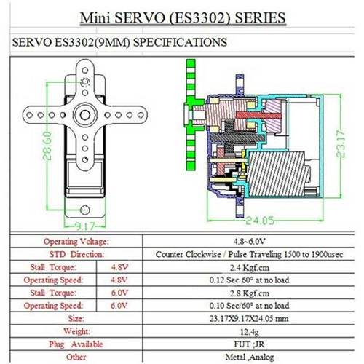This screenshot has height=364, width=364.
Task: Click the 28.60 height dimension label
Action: click(47, 146)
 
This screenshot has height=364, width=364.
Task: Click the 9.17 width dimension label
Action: click(84, 226)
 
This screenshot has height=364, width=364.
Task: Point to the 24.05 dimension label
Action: click(260, 221)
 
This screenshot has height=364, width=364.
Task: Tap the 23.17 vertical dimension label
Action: click(340, 143)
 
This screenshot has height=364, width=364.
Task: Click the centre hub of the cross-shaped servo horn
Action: click(85, 115)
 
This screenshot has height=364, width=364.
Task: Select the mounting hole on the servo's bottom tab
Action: click(85, 210)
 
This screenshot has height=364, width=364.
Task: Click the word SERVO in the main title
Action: click(139, 17)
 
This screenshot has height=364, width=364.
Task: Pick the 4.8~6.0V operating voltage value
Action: click(249, 242)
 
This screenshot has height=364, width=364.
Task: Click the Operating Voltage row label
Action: click(76, 242)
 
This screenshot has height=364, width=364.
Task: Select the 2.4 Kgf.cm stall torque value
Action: click(250, 267)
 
